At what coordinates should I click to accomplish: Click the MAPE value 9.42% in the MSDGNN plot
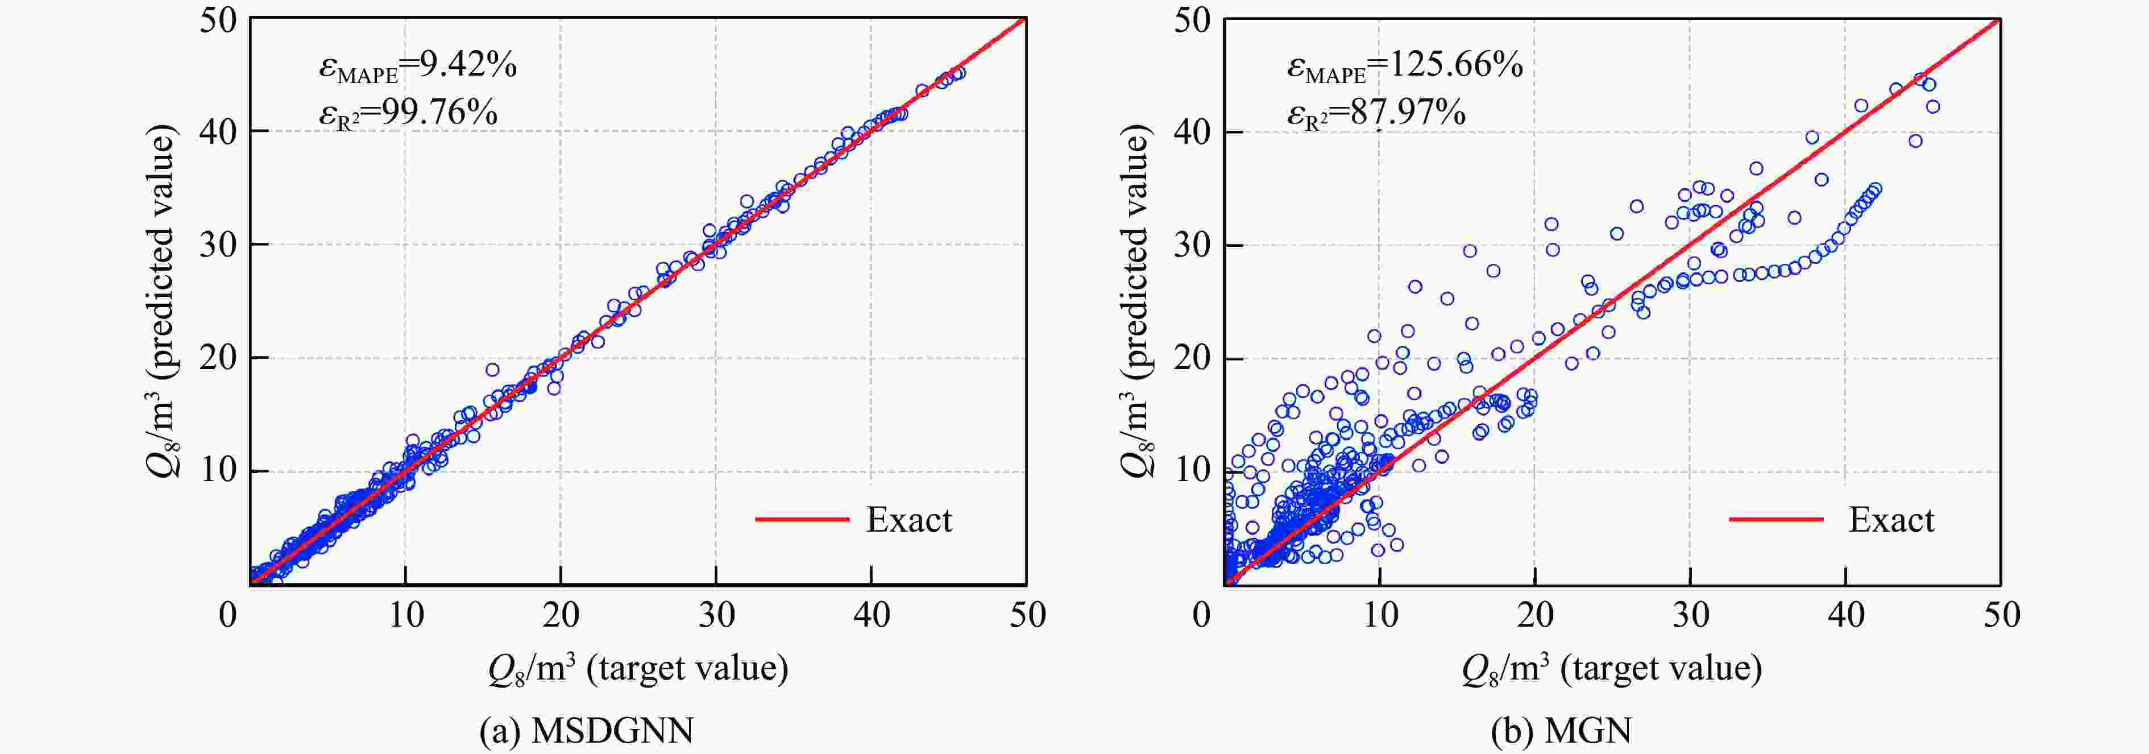467,65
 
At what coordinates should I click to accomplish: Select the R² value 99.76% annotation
439,112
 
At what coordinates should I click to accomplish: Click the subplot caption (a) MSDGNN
587,731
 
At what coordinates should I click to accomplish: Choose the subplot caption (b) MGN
1561,731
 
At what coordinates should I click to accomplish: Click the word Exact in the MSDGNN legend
908,520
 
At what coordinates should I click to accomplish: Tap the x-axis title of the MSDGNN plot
638,669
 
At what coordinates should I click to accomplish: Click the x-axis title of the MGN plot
1612,669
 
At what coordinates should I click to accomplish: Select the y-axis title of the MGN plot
1136,300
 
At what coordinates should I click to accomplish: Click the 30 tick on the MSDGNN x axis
716,616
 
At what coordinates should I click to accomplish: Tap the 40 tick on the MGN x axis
1845,616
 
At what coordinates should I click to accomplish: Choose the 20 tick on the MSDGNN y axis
218,358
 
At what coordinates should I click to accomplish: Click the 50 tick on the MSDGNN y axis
218,20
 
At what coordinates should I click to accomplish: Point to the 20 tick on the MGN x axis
1535,616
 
